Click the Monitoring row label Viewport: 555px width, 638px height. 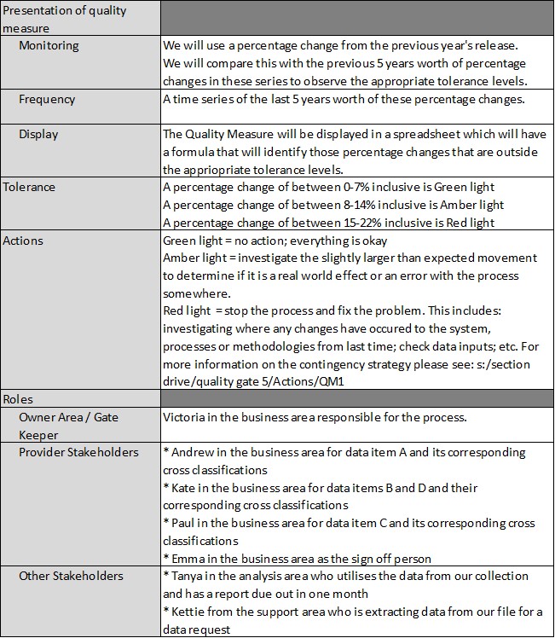tap(49, 45)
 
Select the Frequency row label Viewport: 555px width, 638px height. tap(47, 99)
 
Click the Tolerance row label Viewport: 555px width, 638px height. tap(29, 187)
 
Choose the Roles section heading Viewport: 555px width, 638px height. tap(19, 399)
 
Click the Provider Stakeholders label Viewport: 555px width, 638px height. tap(78, 452)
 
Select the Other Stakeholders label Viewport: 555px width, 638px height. tap(71, 577)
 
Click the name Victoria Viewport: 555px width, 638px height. tap(185, 417)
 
